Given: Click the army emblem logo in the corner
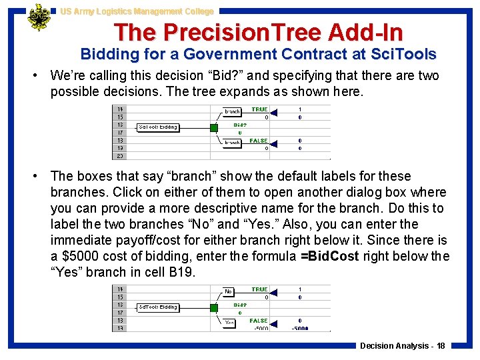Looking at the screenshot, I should (x=39, y=18).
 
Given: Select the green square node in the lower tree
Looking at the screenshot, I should (x=213, y=307).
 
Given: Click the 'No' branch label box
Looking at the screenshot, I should (x=229, y=292).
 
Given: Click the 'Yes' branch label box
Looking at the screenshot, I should (x=229, y=323).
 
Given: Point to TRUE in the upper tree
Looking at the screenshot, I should (x=259, y=109).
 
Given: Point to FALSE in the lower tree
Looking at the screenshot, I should (x=259, y=321).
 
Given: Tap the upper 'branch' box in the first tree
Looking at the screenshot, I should (x=233, y=111).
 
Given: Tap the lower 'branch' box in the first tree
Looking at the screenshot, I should (x=233, y=143).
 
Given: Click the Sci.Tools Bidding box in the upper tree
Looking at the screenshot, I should (x=158, y=127).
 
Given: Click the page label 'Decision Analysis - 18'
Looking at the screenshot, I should (x=403, y=346).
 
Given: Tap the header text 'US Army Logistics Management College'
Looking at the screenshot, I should (x=137, y=11).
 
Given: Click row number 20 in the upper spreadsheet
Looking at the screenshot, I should (x=121, y=156).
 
